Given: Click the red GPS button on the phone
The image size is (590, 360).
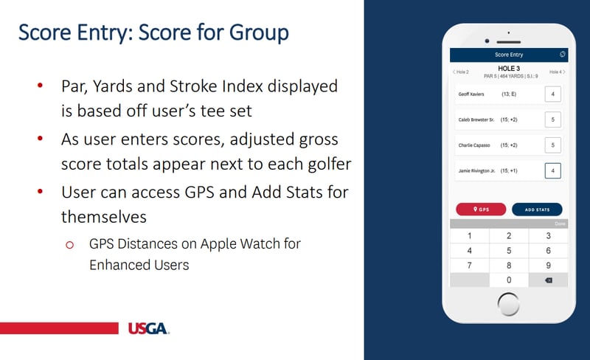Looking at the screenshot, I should click(x=481, y=210).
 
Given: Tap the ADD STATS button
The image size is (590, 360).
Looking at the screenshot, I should click(x=537, y=210).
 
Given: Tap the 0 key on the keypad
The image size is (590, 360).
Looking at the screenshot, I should click(x=509, y=280).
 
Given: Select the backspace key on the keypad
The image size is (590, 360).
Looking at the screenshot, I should click(x=548, y=280).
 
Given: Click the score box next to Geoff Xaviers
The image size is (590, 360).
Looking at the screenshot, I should click(x=552, y=94).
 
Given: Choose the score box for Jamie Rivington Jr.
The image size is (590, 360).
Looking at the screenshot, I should click(x=552, y=171).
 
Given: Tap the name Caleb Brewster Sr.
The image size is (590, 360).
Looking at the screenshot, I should click(x=476, y=120).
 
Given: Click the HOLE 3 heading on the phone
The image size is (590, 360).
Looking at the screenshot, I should click(x=509, y=68).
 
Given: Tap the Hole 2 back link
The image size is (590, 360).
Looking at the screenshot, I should click(x=461, y=72).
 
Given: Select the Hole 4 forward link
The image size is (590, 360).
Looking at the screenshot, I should click(x=557, y=72).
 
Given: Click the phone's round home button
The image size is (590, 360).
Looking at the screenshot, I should click(x=509, y=303).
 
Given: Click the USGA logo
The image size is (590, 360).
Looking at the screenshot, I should click(x=148, y=328).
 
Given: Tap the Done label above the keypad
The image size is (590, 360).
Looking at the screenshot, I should click(x=560, y=224).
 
